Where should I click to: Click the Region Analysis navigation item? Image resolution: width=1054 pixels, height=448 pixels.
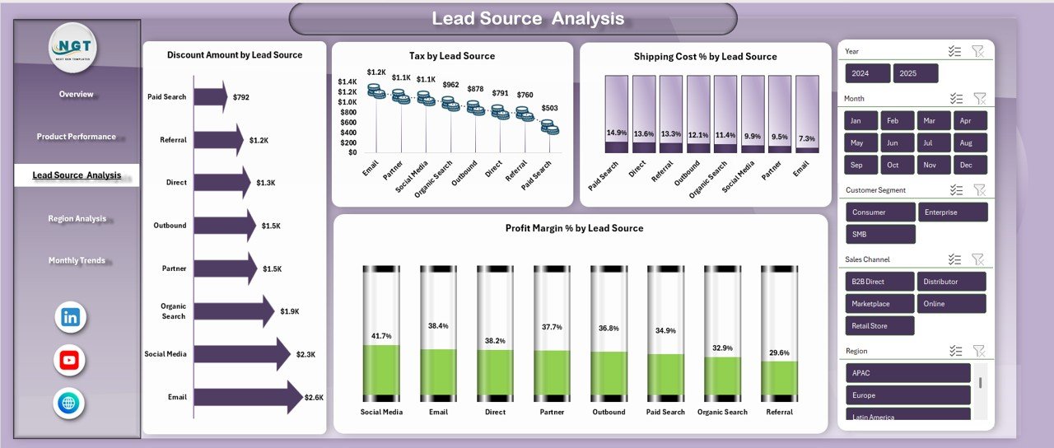[x=77, y=218]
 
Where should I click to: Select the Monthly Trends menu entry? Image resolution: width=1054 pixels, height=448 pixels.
[x=77, y=260]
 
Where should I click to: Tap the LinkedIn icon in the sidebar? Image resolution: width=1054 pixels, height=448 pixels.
[x=70, y=317]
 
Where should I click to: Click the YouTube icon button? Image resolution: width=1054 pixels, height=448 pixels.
[x=70, y=360]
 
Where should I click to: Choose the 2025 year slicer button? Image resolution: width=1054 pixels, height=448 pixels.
[x=916, y=73]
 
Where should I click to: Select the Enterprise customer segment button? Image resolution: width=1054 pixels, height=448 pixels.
[x=953, y=212]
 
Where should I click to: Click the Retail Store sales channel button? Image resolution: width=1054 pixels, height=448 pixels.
[x=879, y=326]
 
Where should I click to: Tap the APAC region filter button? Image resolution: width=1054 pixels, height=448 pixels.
[x=907, y=373]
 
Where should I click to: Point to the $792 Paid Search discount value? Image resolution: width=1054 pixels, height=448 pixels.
[x=240, y=97]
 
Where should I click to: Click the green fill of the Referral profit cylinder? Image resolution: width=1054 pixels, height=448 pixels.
[x=779, y=378]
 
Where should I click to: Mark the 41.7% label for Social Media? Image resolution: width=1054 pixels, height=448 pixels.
[x=381, y=336]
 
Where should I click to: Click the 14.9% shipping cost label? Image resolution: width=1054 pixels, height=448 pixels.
[x=616, y=133]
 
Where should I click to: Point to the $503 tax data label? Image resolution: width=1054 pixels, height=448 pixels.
[x=549, y=108]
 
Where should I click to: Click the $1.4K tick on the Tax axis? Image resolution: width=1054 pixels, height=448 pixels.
[x=347, y=82]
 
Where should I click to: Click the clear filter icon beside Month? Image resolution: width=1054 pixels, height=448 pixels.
[x=979, y=99]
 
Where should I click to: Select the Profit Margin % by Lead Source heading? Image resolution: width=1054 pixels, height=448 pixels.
[x=574, y=228]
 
